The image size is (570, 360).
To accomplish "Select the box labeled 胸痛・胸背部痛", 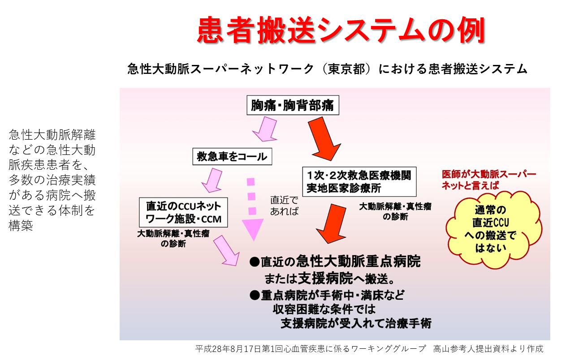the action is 293,105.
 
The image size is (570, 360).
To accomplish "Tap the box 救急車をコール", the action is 232,157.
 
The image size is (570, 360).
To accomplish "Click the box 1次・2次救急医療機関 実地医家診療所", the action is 359,182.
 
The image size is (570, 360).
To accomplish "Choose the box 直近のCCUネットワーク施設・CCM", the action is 183,213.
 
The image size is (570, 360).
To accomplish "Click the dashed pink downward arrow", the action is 252,209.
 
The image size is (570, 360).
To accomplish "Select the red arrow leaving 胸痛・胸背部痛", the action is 324,139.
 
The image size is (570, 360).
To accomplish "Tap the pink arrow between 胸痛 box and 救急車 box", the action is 265,129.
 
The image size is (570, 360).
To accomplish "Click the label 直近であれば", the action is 284,206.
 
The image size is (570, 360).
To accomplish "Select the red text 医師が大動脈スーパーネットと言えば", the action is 489,180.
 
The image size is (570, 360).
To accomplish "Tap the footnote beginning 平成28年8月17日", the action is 369,349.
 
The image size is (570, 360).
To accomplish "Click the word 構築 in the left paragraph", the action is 21,226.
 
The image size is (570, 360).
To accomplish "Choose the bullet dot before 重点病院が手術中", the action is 255,296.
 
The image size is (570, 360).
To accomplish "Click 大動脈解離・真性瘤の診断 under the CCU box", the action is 173,239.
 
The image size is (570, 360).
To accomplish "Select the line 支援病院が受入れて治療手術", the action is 356,323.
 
